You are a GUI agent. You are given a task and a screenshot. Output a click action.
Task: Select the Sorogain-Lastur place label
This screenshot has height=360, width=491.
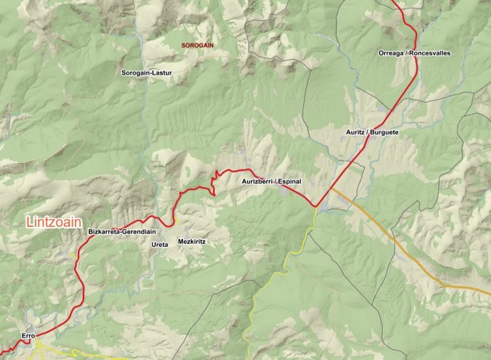(x=147, y=73)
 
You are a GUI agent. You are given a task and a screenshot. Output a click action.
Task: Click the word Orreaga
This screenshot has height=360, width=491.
(x=391, y=53)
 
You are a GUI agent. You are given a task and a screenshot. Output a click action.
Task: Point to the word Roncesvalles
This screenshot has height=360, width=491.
(x=431, y=53)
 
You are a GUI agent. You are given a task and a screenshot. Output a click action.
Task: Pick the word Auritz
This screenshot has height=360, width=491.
(x=356, y=132)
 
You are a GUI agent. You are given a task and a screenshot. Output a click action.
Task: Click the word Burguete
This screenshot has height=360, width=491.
(x=384, y=132)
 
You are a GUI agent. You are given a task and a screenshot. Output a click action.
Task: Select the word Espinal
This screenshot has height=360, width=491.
(x=290, y=181)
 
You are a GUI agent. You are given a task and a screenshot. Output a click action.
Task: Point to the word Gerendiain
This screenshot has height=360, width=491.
(x=139, y=232)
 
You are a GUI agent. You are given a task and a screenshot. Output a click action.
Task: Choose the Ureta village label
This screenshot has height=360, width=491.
(x=160, y=244)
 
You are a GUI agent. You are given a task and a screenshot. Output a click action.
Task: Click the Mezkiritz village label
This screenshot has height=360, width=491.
(x=192, y=242)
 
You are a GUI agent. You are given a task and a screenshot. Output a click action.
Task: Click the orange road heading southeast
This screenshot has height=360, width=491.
(x=398, y=242)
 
